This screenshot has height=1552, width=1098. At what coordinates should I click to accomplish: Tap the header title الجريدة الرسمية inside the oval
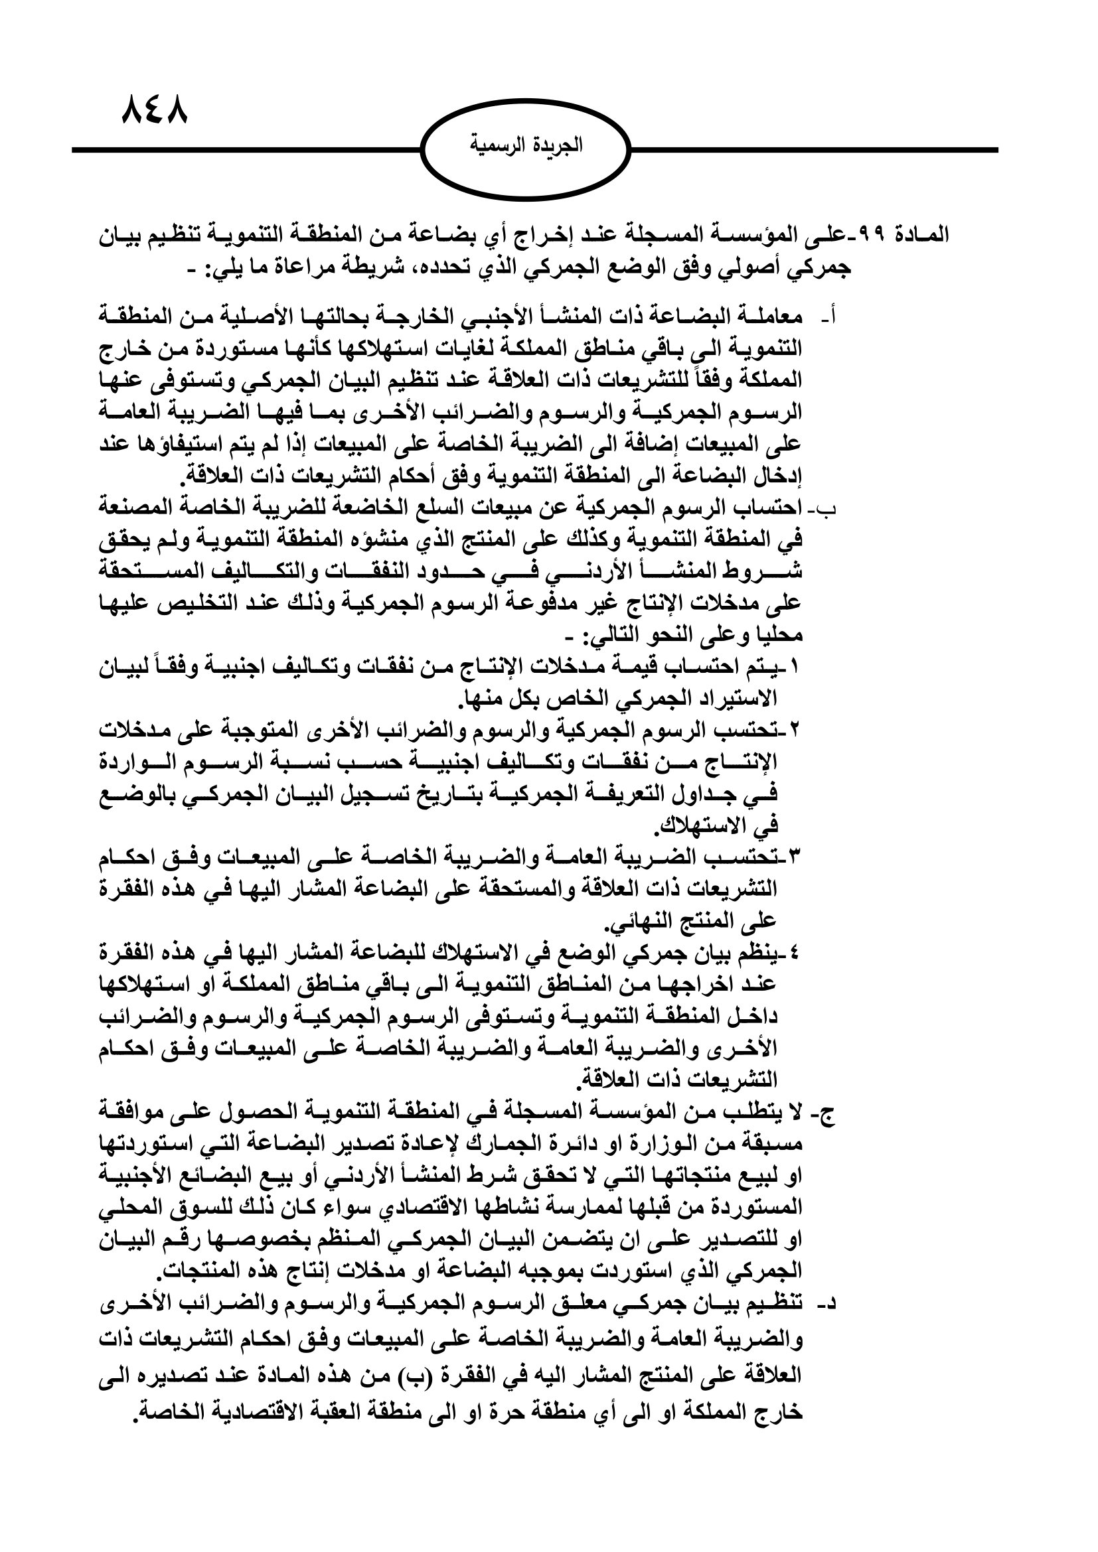click(x=525, y=146)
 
